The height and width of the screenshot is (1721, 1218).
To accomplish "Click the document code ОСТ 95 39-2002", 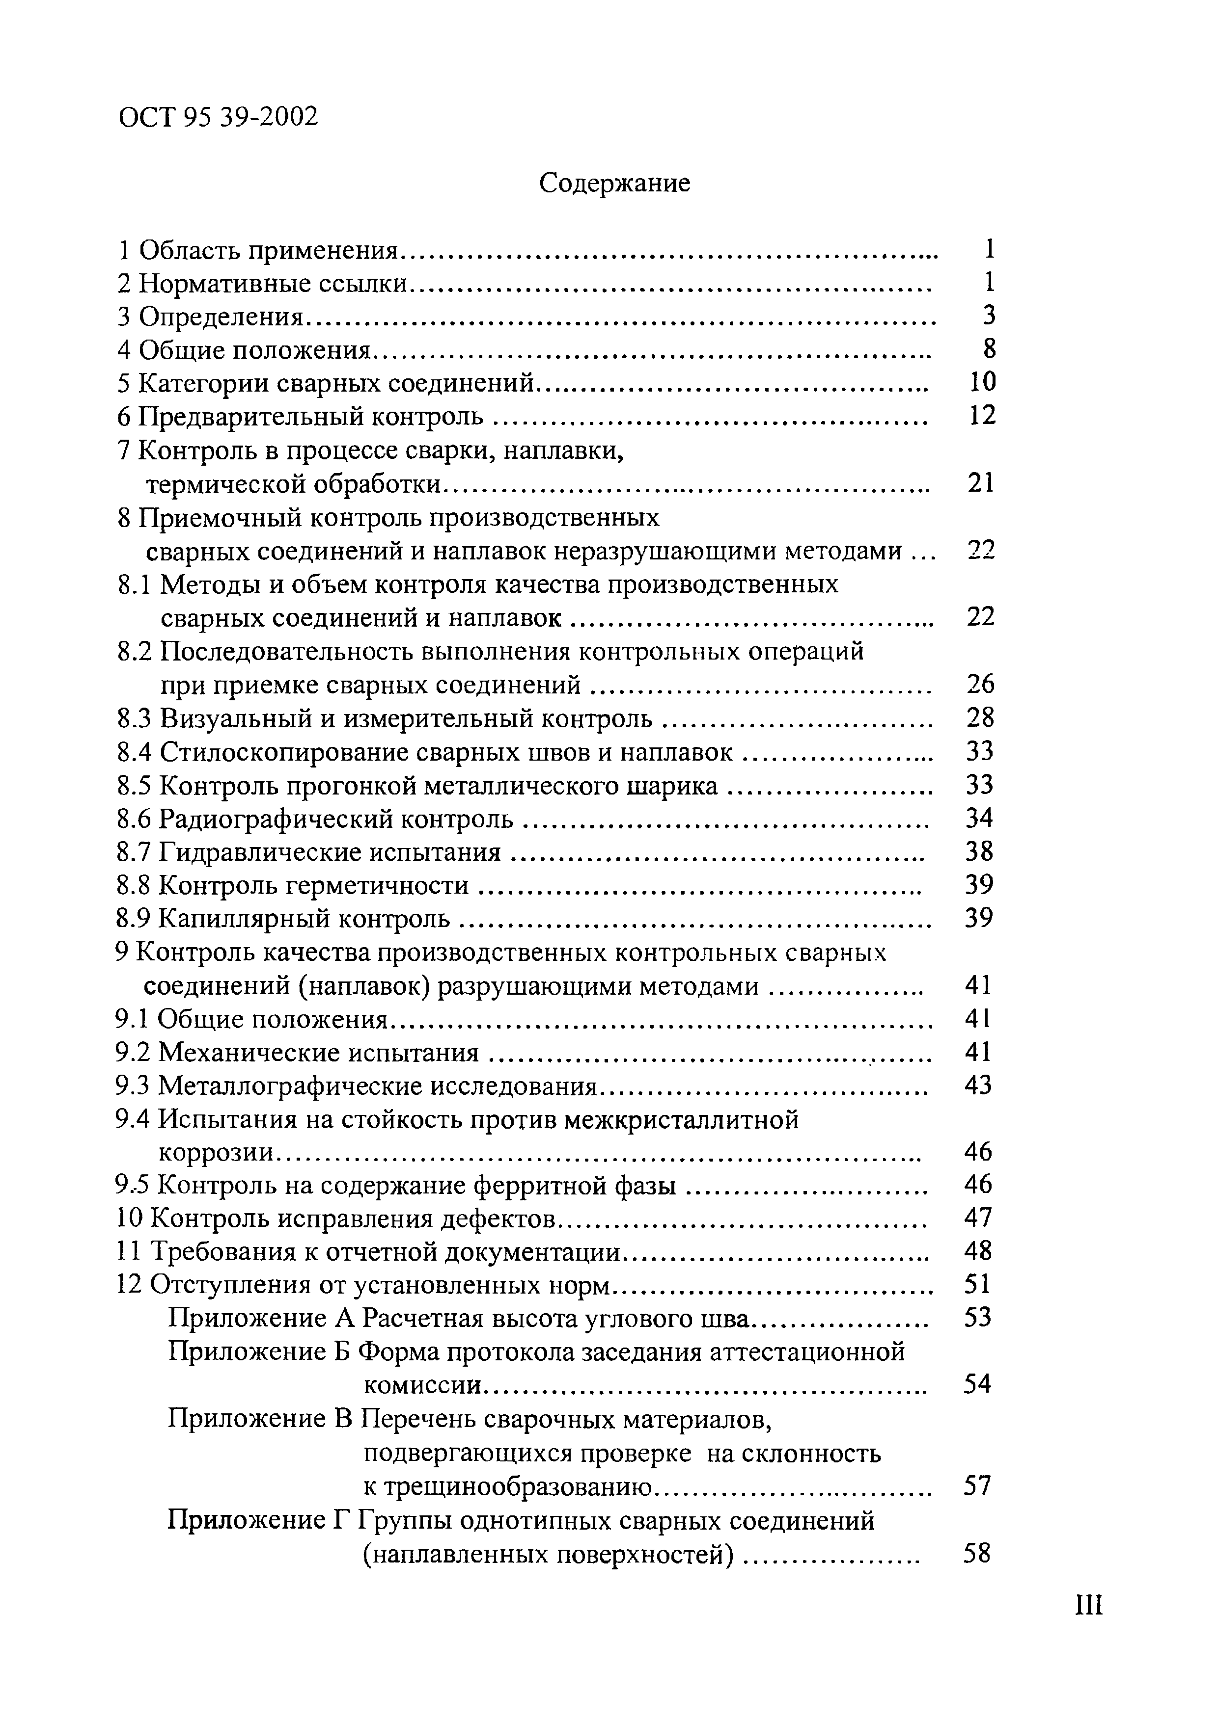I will [x=218, y=117].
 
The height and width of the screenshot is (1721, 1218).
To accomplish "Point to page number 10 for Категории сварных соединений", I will [x=982, y=382].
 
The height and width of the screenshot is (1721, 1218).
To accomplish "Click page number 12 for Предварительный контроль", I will [x=982, y=415].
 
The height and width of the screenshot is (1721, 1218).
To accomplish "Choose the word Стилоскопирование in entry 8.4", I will [x=277, y=752].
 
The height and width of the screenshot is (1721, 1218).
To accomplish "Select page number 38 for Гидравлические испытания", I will [x=979, y=851].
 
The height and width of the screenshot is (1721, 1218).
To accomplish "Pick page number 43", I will [x=978, y=1086].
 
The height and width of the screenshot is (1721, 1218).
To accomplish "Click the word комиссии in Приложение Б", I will [x=421, y=1385].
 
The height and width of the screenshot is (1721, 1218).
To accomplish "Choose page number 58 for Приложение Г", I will [x=977, y=1553].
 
